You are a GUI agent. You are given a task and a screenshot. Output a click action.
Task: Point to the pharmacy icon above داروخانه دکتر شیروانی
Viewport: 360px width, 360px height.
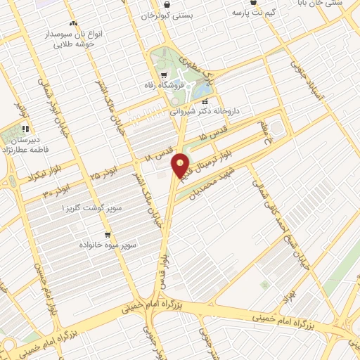click(205, 101)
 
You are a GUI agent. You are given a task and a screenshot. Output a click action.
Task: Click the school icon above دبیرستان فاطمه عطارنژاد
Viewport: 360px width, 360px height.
click(25, 129)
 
